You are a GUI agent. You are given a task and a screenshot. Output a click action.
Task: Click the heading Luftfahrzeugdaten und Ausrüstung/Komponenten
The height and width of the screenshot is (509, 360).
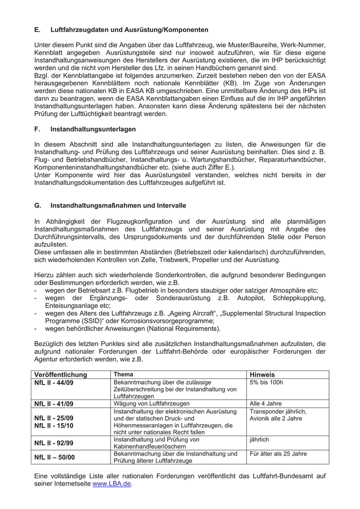coord(129,30)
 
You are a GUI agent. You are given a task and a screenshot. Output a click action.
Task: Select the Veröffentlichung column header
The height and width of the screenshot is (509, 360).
coord(61,375)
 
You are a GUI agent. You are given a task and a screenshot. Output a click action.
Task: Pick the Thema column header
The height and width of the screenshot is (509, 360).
coord(123,375)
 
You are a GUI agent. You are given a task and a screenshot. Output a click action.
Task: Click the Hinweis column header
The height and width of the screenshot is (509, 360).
coord(262,375)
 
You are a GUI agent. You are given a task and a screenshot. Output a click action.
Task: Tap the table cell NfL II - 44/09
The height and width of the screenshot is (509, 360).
coord(54,383)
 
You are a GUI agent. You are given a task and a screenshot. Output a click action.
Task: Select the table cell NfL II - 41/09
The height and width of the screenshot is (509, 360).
coord(54,404)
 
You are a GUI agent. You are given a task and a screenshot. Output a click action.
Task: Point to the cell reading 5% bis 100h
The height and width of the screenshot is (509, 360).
coord(266,383)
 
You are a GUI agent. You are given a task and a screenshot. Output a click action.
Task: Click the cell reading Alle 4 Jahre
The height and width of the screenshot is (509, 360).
coord(265,404)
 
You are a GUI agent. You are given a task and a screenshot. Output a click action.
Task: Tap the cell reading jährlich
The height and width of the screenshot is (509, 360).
coord(259,440)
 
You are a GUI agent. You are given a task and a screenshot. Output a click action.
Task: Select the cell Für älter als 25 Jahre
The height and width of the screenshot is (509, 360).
coord(278,454)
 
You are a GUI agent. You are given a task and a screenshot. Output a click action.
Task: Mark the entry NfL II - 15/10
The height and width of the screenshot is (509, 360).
coord(54,426)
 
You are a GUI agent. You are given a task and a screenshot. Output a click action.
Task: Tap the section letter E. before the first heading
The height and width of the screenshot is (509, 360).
coord(38,30)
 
